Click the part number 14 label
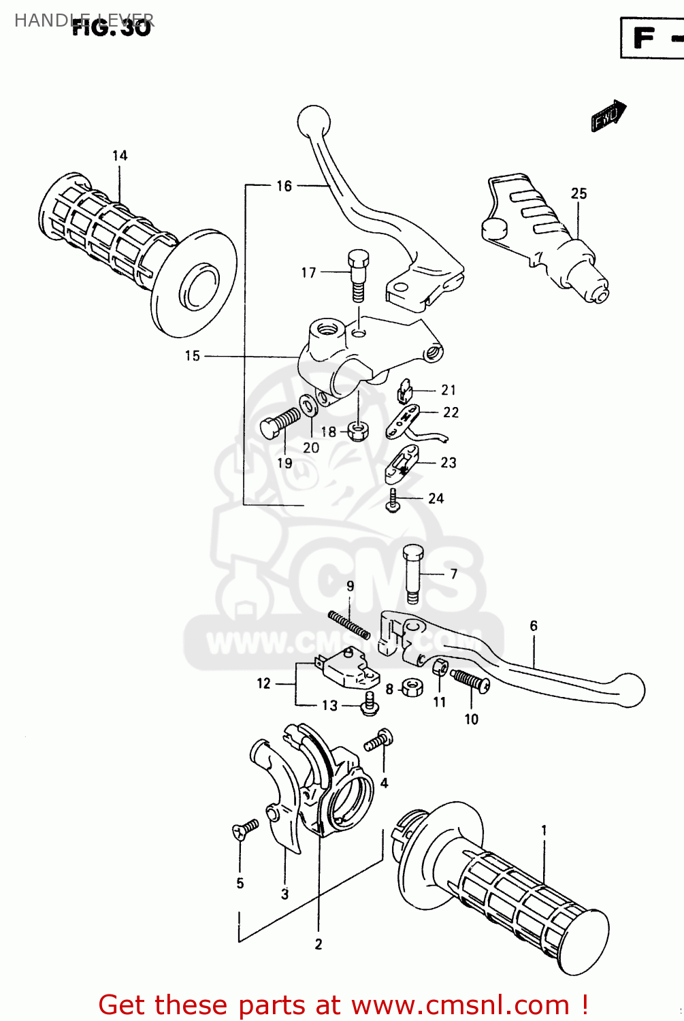[120, 156]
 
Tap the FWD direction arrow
[608, 116]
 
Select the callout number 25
[579, 193]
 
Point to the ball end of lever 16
[314, 123]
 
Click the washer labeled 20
[308, 406]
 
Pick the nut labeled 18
[357, 431]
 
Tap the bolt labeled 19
[279, 422]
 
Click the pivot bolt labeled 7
[412, 572]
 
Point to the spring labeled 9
[348, 624]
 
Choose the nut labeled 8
[411, 687]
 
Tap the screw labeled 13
[369, 704]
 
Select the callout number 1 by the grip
[544, 830]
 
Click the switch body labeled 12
[346, 667]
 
